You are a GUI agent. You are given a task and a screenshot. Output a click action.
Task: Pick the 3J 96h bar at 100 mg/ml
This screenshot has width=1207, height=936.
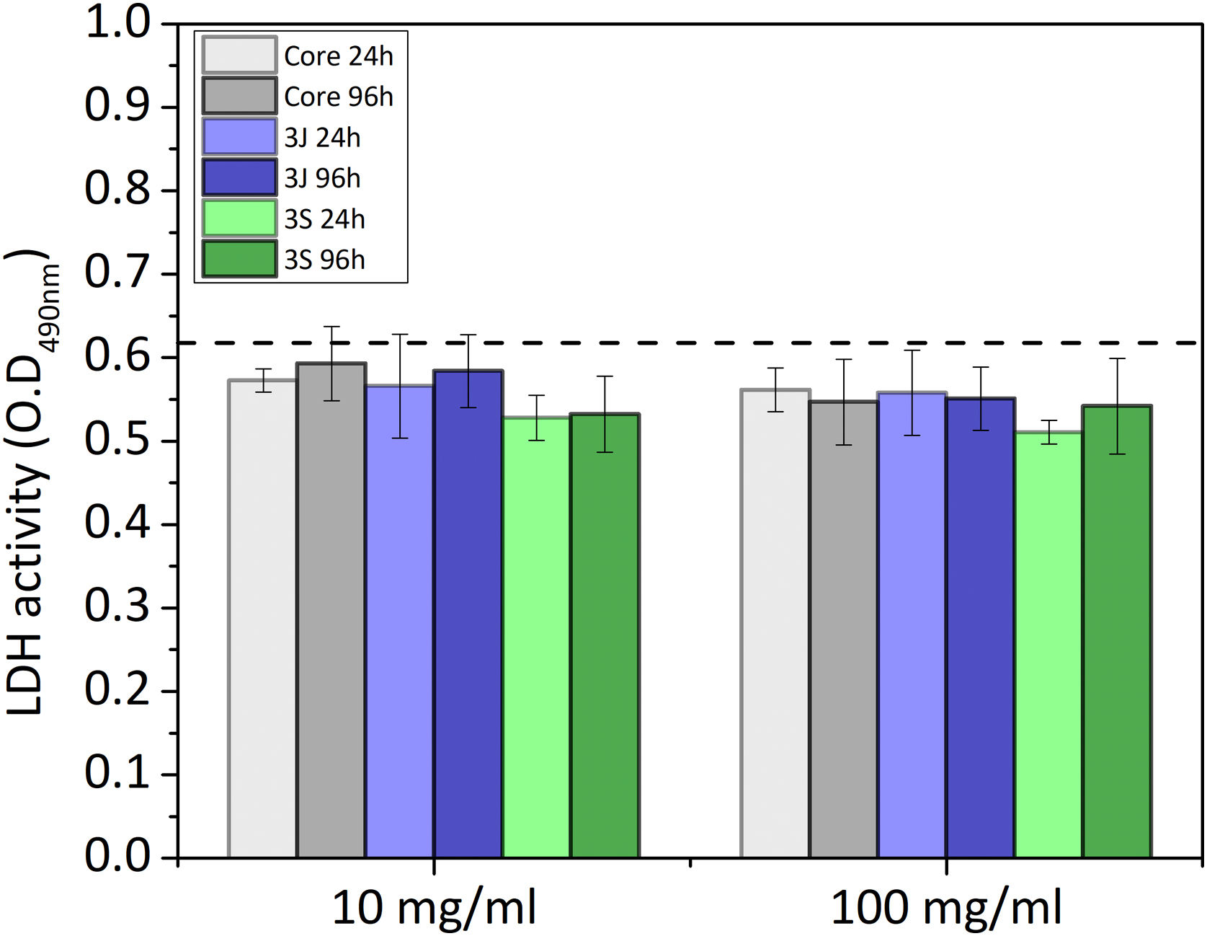(981, 627)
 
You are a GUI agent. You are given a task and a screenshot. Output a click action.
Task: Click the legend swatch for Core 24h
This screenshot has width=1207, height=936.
(239, 55)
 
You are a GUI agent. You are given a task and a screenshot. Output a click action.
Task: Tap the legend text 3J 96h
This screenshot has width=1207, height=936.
(322, 178)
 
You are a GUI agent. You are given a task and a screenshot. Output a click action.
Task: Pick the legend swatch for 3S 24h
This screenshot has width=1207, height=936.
(239, 218)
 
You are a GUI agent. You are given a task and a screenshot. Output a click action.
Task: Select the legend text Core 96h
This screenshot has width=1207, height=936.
(339, 97)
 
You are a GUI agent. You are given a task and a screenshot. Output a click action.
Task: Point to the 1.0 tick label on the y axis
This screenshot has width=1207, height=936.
(117, 23)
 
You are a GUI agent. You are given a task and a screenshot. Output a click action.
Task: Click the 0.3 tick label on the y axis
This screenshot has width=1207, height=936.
(117, 606)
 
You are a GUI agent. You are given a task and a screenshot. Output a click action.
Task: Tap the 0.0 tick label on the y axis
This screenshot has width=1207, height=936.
(117, 857)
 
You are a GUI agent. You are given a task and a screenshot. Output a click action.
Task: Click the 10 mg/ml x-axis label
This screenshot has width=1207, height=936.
(434, 907)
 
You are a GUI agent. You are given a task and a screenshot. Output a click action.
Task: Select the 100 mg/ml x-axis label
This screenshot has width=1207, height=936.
(946, 907)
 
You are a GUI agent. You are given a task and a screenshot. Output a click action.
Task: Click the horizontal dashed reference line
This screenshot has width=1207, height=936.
(692, 343)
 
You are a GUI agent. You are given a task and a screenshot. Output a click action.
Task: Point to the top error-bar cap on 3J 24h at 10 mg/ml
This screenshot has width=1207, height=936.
(400, 335)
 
